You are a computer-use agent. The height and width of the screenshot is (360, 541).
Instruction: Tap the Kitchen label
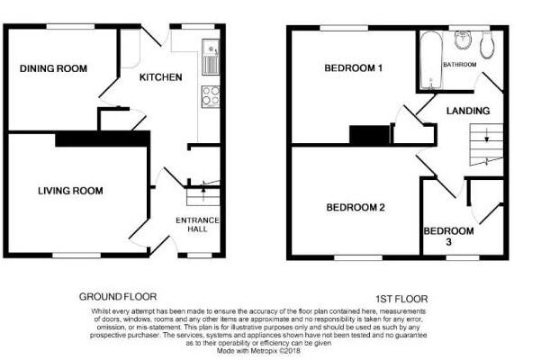[x=160, y=77]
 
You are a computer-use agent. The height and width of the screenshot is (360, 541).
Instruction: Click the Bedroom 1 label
[x=354, y=68]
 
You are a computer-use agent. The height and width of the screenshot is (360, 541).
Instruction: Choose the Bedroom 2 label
[x=356, y=208]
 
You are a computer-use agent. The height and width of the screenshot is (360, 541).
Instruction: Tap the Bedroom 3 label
[x=448, y=236]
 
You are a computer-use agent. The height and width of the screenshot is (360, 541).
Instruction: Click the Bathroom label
[x=460, y=64]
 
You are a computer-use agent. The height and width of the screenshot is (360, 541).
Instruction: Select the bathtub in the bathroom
[x=430, y=58]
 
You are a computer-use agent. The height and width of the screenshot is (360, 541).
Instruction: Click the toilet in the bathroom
[x=488, y=42]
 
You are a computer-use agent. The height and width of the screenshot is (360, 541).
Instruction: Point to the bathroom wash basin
[x=464, y=40]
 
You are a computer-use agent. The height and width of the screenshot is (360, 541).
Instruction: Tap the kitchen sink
[x=210, y=58]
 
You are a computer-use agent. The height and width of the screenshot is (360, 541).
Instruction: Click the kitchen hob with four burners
[x=210, y=95]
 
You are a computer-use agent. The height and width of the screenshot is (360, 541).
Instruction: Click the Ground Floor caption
[x=118, y=296]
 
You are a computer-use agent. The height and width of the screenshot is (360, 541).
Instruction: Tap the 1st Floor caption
[x=401, y=298]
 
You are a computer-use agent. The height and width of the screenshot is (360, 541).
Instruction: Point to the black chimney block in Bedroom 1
[x=365, y=134]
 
